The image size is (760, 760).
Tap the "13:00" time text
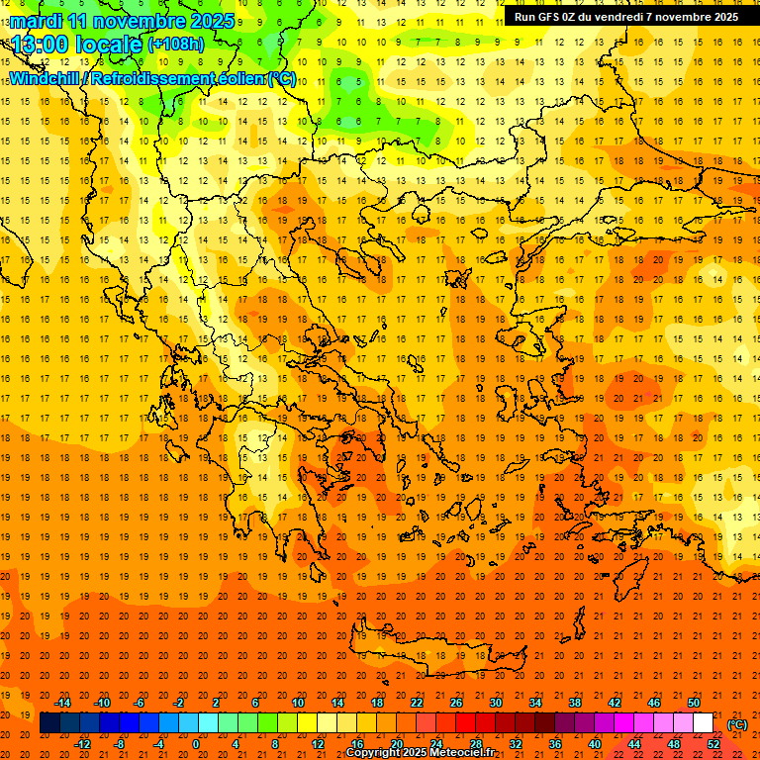click(x=39, y=44)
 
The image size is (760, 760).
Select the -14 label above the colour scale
click(x=62, y=703)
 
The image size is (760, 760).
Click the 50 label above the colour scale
click(x=694, y=703)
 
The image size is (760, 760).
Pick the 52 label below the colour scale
click(x=713, y=744)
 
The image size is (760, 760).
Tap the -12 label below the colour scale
click(x=82, y=744)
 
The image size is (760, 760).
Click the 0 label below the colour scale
click(x=196, y=744)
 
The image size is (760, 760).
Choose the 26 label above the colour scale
click(x=456, y=703)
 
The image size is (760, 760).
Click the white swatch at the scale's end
click(x=704, y=723)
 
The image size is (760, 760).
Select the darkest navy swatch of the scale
click(x=49, y=723)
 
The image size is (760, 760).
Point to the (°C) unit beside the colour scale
click(x=737, y=724)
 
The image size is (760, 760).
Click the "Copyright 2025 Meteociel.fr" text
click(x=421, y=753)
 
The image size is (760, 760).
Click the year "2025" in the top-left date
click(x=213, y=20)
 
